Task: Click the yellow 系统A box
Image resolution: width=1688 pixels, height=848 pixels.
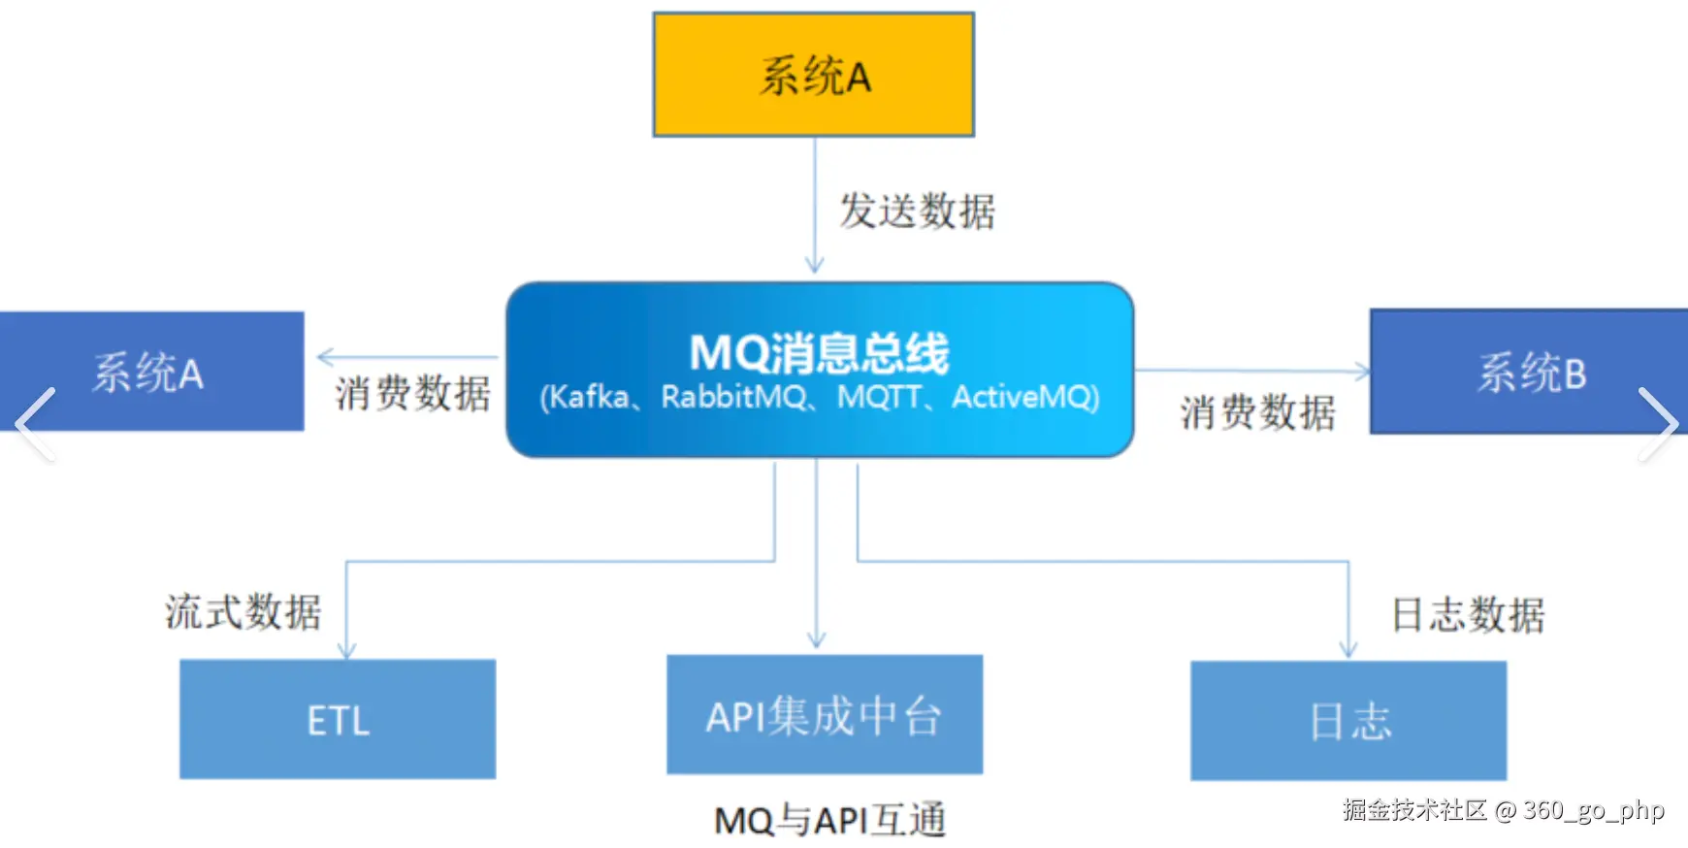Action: tap(813, 75)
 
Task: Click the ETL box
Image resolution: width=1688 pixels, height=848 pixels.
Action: tap(338, 719)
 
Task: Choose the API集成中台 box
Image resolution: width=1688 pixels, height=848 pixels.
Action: tap(825, 715)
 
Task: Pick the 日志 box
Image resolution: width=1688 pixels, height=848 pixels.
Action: tap(1348, 721)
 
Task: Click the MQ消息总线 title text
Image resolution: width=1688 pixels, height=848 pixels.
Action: tap(819, 352)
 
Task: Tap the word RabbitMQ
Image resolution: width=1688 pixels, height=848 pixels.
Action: tap(733, 397)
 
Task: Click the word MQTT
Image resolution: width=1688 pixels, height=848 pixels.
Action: tap(879, 397)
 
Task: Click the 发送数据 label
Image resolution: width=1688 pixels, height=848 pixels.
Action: tap(917, 211)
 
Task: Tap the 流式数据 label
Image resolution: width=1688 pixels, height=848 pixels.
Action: tap(243, 612)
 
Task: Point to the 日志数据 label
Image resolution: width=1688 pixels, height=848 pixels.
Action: tap(1468, 614)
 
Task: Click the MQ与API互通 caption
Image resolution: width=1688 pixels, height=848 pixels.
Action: tap(829, 821)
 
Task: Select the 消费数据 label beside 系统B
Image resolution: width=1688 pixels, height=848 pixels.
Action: tap(1257, 412)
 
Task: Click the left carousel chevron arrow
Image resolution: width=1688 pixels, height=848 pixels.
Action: tap(35, 424)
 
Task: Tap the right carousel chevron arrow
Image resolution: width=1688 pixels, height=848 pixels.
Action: tap(1657, 424)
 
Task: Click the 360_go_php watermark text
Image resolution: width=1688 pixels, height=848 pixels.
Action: tap(1593, 810)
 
